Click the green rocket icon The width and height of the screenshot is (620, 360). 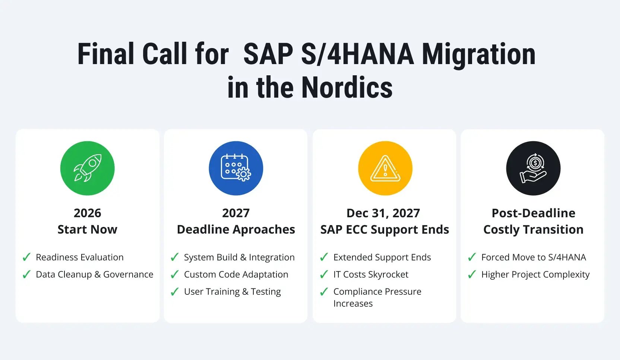coord(88,168)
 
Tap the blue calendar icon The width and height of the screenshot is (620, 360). coord(236,168)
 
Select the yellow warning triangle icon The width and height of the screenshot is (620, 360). coord(385,168)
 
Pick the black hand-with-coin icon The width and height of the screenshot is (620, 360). coord(533,168)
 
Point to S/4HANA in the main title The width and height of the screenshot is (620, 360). coord(357,54)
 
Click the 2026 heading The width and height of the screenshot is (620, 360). coord(88,213)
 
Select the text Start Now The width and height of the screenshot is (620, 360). coord(88,230)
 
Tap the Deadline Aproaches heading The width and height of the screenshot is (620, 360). coord(236,230)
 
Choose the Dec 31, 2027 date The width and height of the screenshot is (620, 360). coord(383,213)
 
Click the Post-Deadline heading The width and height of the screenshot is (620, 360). coord(533,213)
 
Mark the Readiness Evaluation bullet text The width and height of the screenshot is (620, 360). coord(80,257)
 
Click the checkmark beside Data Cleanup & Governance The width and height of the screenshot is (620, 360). coord(26,275)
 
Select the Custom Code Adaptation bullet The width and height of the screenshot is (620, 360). coord(236,275)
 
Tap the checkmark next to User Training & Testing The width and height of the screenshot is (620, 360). coord(174,292)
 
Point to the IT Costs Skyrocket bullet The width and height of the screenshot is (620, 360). coord(371,275)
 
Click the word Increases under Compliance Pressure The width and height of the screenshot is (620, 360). coord(353,304)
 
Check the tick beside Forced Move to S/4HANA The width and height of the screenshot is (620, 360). coord(472,257)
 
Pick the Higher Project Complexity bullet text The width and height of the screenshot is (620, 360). coord(535,275)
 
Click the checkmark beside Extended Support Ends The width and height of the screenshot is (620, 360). coord(324,257)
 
